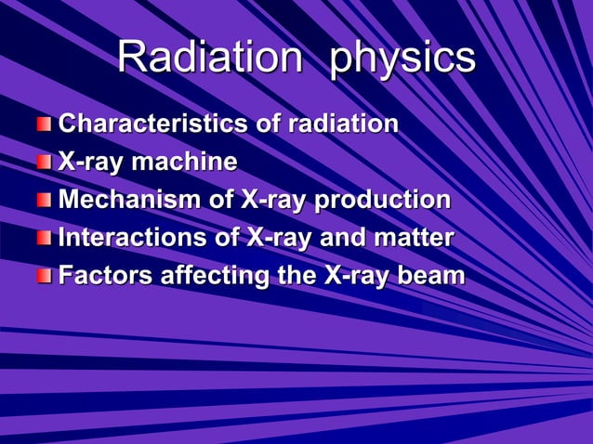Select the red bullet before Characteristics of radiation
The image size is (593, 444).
(x=45, y=124)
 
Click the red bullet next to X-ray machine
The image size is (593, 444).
(x=45, y=163)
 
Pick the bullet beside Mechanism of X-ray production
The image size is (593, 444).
(x=45, y=201)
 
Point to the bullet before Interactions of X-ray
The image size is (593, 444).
(x=45, y=239)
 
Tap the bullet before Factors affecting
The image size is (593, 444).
(x=45, y=277)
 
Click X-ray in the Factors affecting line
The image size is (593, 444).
(x=357, y=277)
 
